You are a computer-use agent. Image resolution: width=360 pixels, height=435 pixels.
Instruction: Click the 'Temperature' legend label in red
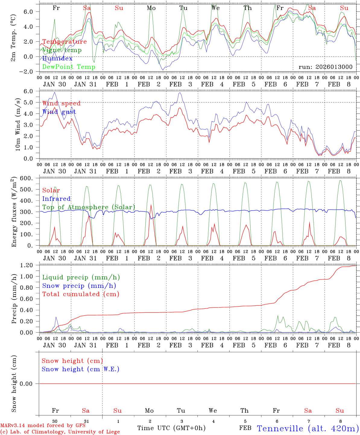point(65,42)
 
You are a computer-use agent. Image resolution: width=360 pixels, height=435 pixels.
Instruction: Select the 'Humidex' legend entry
point(57,58)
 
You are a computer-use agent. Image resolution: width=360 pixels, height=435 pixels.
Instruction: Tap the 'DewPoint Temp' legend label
point(69,67)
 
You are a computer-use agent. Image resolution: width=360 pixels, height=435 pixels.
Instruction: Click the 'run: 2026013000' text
point(325,67)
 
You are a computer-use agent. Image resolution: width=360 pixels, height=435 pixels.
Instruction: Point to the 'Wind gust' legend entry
point(59,112)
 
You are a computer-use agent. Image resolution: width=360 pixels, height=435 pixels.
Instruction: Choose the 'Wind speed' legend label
point(62,103)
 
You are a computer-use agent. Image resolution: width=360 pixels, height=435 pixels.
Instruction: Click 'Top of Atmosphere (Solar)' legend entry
point(89,207)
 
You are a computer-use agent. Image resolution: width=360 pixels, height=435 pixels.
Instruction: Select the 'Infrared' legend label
point(56,199)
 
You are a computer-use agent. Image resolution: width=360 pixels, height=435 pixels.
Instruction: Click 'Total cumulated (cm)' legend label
point(81,294)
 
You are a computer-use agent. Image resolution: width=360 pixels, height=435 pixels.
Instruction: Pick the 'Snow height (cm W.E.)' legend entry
point(81,369)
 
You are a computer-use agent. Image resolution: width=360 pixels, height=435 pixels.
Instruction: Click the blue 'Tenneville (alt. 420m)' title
point(308,428)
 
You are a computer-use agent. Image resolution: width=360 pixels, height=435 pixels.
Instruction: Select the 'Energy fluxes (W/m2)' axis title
point(13,213)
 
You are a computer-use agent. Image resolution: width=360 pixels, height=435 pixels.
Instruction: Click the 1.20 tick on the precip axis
point(27,265)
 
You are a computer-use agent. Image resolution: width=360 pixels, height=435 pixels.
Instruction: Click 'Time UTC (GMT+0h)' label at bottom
point(171,428)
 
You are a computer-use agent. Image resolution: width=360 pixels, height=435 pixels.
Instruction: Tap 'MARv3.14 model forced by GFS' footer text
point(43,426)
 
